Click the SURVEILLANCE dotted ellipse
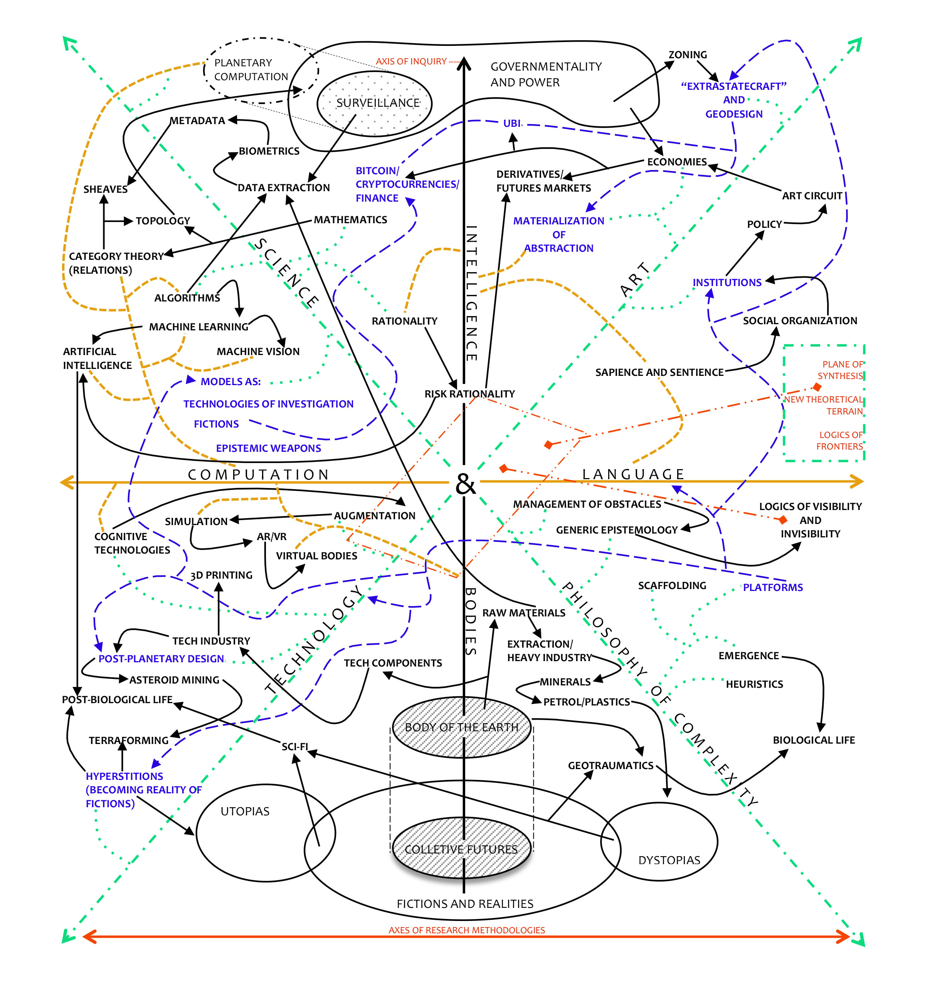[374, 103]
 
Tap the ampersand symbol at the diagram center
[465, 484]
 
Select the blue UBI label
[512, 123]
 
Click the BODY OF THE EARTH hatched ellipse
[462, 727]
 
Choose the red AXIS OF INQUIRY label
[411, 61]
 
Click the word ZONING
[688, 54]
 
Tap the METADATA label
[197, 121]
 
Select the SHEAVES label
[105, 189]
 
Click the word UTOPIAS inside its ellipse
[245, 811]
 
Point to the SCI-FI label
[295, 747]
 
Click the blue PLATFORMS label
[773, 587]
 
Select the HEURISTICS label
[754, 684]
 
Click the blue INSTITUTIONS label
[727, 282]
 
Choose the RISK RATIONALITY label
[470, 394]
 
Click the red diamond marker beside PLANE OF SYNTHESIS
[817, 387]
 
